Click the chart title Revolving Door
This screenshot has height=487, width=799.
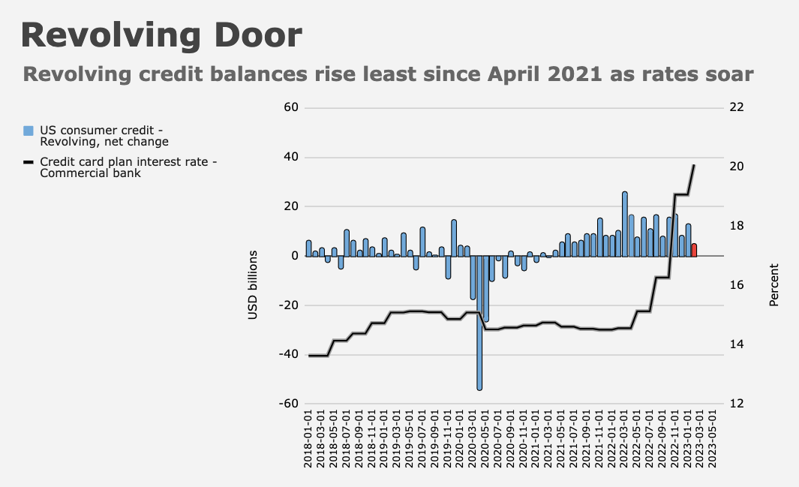coord(161,35)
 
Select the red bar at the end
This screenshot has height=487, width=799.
coord(694,250)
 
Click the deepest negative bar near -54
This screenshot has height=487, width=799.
coord(479,323)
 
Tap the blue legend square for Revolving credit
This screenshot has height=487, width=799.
coord(29,131)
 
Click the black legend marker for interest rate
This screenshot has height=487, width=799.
coord(29,162)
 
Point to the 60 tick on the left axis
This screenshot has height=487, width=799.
coord(291,107)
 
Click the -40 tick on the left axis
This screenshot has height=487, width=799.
coord(290,354)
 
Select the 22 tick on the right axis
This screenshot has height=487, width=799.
coord(736,107)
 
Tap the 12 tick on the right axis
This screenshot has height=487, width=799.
coord(736,404)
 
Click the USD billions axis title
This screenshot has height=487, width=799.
coord(253,285)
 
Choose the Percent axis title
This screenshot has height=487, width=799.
coord(773,285)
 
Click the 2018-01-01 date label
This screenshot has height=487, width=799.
coord(309,439)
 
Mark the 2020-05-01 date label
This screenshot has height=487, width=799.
coord(486,439)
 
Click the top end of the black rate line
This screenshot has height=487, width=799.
coord(694,165)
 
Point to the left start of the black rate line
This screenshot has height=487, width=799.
coord(309,356)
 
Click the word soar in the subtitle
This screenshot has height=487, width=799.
coord(724,75)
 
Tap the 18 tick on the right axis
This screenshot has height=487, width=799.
coord(736,226)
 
